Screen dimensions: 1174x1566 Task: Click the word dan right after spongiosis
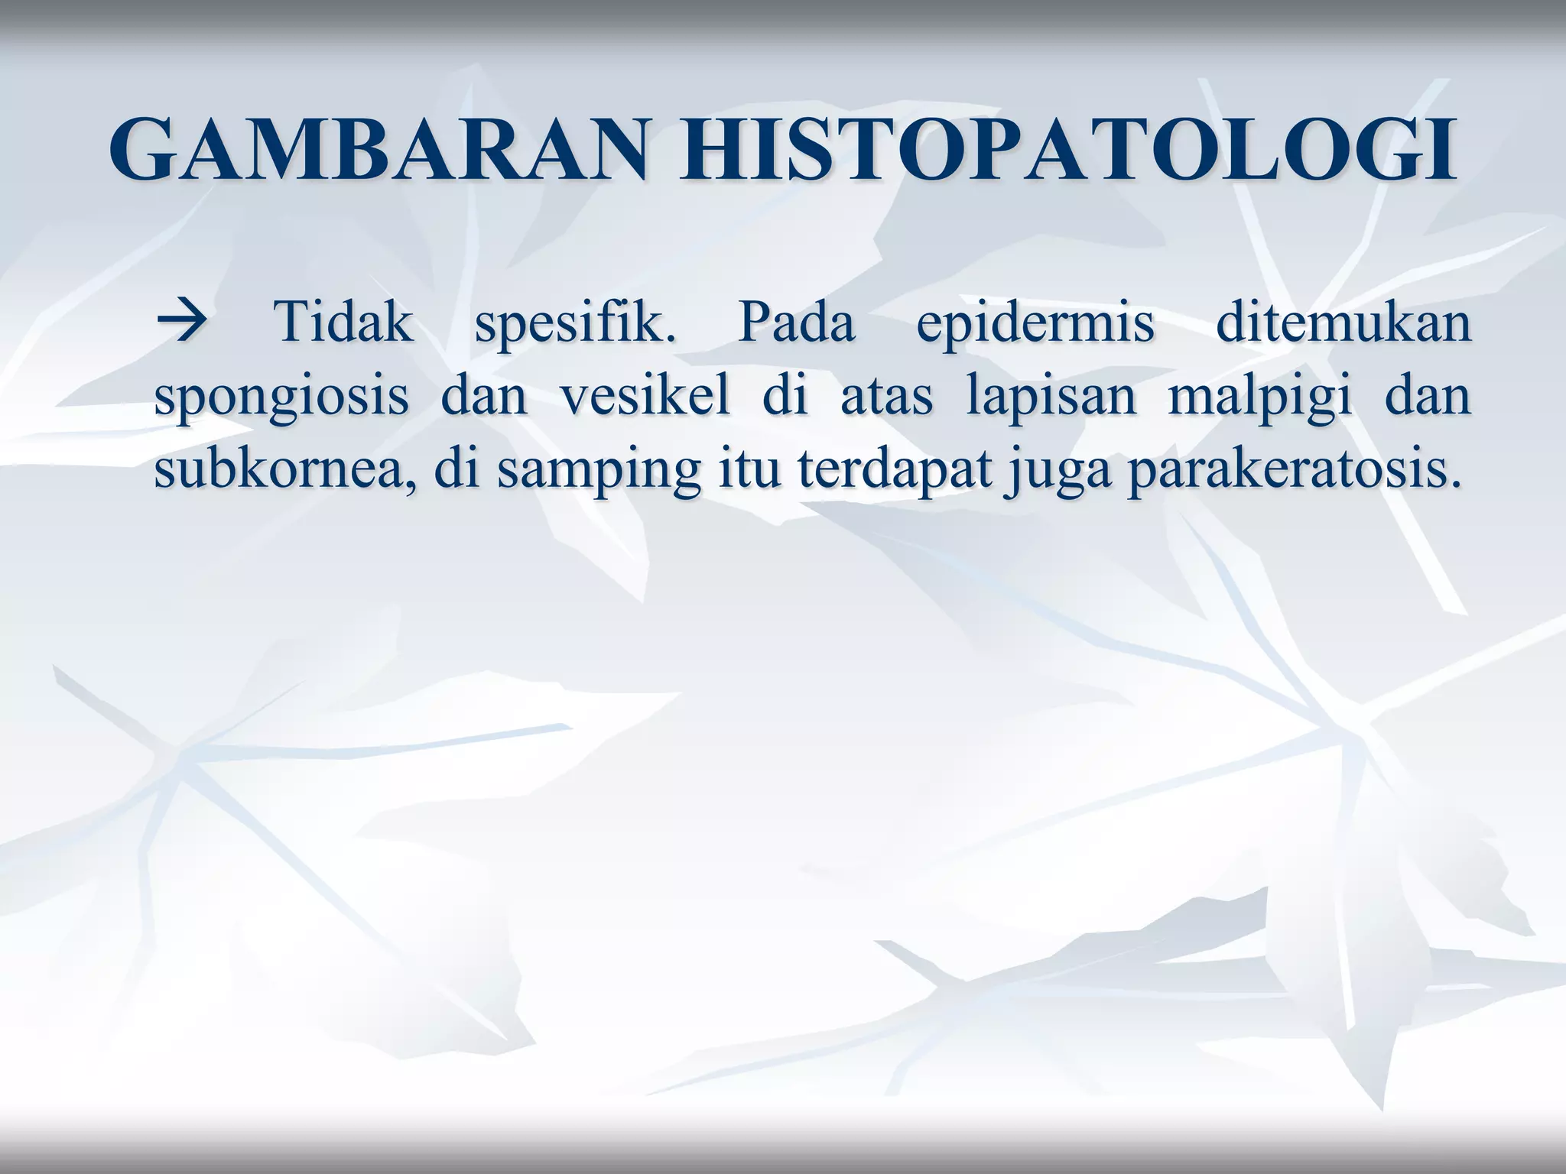tap(485, 397)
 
